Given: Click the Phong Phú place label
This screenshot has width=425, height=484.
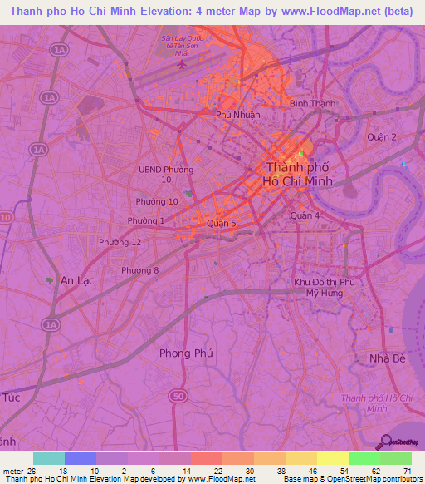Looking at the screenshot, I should coord(186,353).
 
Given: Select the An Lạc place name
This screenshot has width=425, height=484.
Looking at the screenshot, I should coord(77,281).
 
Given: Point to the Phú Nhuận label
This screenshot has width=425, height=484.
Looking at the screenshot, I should coord(237,115).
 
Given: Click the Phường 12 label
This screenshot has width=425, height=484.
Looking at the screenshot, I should coord(120,241).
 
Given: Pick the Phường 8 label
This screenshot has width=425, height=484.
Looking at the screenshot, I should coord(139,270).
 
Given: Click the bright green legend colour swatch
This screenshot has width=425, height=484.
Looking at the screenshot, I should coord(364,458).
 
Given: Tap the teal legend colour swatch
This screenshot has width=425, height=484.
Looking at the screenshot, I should coord(49,458).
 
